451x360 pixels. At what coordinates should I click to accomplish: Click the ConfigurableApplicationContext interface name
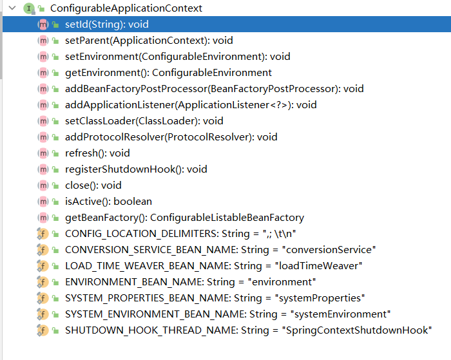coord(126,8)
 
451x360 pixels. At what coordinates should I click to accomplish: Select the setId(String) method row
coord(107,24)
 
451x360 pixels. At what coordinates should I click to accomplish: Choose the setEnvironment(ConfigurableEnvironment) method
coord(177,57)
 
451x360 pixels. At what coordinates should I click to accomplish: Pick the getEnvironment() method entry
coord(168,73)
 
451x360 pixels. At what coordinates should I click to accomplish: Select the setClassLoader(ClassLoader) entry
coord(144,121)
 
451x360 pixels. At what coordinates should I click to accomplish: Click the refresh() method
coord(97,153)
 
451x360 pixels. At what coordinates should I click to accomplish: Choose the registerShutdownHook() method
coord(136,169)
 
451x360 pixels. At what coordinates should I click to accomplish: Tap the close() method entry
coord(93,185)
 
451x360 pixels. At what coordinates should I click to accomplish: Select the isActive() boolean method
coord(108,202)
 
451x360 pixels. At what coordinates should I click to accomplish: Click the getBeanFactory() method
coord(184,218)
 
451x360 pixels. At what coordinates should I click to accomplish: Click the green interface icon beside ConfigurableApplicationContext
coord(28,8)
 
